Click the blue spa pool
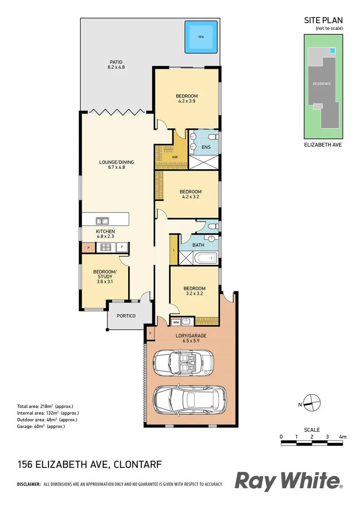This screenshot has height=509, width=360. tap(201, 36)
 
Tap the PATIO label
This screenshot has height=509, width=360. tap(116, 65)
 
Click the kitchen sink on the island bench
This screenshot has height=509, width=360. tap(102, 220)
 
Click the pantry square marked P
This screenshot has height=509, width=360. tap(88, 247)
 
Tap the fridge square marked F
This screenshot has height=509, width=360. tap(122, 246)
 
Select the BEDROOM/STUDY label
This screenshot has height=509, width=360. tap(105, 277)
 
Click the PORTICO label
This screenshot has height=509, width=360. tap(126, 315)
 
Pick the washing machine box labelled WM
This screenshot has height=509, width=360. tap(176, 322)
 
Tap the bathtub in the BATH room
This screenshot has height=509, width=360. tap(205, 258)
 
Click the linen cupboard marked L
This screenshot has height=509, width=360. tap(174, 249)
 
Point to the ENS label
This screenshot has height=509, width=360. tap(206, 148)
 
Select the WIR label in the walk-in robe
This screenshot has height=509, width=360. tap(174, 157)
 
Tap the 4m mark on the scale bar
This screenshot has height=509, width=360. tap(343, 437)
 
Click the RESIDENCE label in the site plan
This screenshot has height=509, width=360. tap(322, 84)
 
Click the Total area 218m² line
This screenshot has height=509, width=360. tap(45, 406)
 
